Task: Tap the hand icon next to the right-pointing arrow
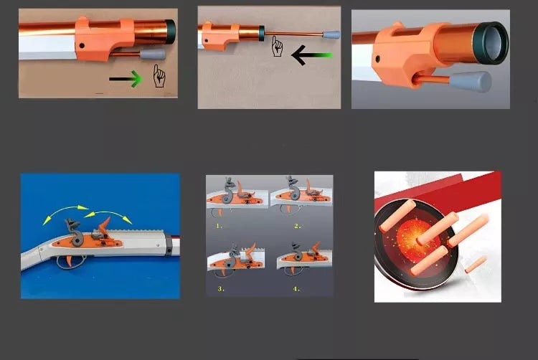159,75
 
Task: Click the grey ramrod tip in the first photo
154,53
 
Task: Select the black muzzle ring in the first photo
171,29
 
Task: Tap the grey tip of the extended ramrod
331,34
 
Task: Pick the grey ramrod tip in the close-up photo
475,81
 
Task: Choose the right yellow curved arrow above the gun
108,215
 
